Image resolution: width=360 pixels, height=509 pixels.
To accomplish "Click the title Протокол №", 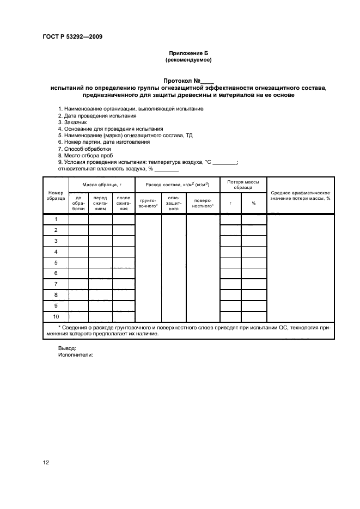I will click(188, 80).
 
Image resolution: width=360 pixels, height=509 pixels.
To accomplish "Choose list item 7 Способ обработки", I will click(84, 149).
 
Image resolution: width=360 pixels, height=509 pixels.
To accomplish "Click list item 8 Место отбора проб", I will click(86, 155).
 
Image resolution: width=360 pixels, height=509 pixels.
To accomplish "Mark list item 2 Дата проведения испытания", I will click(97, 116).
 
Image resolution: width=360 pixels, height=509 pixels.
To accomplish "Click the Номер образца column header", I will click(56, 196).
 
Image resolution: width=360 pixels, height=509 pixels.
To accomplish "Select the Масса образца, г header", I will click(101, 185).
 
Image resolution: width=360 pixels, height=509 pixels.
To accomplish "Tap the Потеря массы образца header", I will click(243, 185).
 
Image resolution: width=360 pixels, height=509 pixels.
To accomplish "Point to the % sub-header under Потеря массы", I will click(254, 204).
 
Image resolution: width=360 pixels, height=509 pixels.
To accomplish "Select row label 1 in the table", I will click(56, 219).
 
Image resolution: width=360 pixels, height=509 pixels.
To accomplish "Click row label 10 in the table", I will click(56, 316).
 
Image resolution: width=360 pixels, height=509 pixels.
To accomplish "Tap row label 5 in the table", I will click(56, 262).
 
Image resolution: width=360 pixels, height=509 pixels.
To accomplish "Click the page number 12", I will click(46, 463).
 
